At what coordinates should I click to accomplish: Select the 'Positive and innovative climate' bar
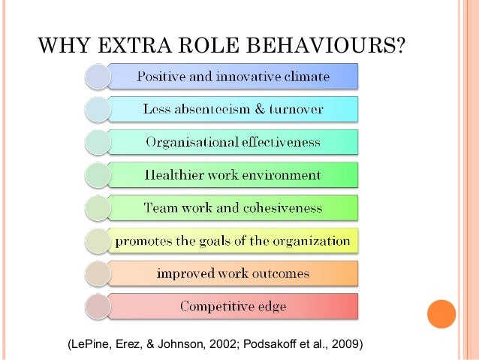click(x=233, y=77)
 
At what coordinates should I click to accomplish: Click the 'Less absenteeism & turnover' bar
click(x=233, y=110)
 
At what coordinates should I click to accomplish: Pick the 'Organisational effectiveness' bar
click(x=233, y=142)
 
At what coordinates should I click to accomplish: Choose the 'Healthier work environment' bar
click(x=233, y=175)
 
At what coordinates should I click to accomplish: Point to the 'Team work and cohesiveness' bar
click(x=233, y=208)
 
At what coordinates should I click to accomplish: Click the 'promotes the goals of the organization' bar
click(x=233, y=241)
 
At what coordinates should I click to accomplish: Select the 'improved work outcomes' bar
click(x=233, y=274)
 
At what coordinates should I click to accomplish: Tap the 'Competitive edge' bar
click(x=233, y=307)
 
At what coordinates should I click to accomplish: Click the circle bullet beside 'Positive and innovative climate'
click(x=98, y=77)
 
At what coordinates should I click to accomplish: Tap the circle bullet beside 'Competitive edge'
click(x=98, y=307)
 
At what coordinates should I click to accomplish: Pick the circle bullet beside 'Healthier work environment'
click(x=98, y=175)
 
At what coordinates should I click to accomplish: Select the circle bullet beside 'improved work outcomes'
click(x=98, y=274)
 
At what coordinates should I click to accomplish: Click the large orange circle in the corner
click(x=441, y=313)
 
